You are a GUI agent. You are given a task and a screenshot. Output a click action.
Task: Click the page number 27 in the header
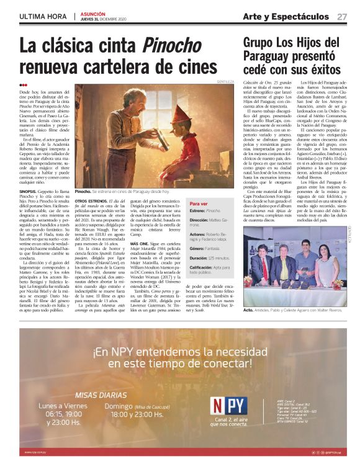pyautogui.click(x=342, y=16)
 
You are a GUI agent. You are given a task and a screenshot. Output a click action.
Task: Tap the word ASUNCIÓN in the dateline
pyautogui.click(x=94, y=13)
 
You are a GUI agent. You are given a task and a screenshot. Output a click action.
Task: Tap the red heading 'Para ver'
pyautogui.click(x=199, y=203)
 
